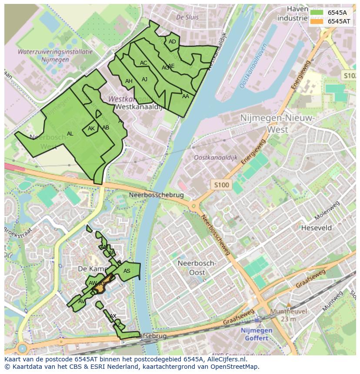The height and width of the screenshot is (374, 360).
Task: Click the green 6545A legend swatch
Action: pos(317,13)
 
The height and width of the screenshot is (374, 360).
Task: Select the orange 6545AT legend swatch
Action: pos(317,21)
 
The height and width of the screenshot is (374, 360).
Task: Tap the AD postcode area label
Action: pos(173,42)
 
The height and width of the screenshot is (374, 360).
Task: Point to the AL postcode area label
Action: pos(70,134)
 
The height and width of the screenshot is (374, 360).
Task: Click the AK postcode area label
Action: pos(91,129)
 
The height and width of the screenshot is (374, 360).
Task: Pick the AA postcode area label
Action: pos(186,96)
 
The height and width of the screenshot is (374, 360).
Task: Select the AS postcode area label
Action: pos(127,271)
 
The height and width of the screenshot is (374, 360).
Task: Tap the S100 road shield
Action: pos(221,185)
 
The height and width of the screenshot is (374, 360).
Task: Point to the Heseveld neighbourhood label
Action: pos(317,228)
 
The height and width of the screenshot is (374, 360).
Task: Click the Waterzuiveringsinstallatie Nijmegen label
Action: pos(55,55)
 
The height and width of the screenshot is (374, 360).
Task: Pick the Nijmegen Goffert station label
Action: pos(257,334)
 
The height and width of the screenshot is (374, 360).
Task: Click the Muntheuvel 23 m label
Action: pos(288,315)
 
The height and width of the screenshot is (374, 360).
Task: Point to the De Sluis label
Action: pos(187,17)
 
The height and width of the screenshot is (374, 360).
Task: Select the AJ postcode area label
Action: pos(145,79)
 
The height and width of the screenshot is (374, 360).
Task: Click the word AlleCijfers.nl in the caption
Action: pos(225,359)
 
